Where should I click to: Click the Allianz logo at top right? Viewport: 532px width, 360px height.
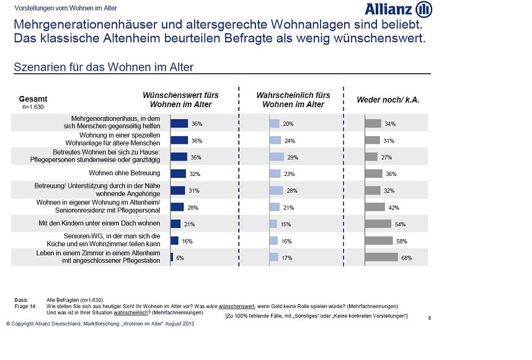pyautogui.click(x=398, y=9)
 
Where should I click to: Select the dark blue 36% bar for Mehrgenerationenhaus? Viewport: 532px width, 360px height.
pyautogui.click(x=179, y=124)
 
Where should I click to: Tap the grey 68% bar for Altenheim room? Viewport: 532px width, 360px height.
pyautogui.click(x=381, y=257)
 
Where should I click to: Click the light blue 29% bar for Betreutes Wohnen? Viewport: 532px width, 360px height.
pyautogui.click(x=277, y=157)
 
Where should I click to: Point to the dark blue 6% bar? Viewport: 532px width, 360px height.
pyautogui.click(x=172, y=257)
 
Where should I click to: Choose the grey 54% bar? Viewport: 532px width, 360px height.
pyautogui.click(x=378, y=224)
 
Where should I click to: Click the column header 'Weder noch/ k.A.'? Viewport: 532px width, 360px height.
pyautogui.click(x=388, y=100)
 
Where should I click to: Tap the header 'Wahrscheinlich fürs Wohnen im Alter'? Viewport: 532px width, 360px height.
pyautogui.click(x=293, y=100)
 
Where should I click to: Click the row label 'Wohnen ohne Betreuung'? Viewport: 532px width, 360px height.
pyautogui.click(x=125, y=173)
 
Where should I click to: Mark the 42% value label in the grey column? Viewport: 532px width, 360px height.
pyautogui.click(x=393, y=208)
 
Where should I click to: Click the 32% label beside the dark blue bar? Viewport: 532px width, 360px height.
pyautogui.click(x=195, y=174)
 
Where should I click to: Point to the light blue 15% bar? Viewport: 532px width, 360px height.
pyautogui.click(x=273, y=224)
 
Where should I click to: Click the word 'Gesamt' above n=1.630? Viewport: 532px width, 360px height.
pyautogui.click(x=33, y=99)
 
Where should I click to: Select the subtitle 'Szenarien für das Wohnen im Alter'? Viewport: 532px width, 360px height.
pyautogui.click(x=104, y=67)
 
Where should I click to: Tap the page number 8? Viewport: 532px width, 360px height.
pyautogui.click(x=430, y=318)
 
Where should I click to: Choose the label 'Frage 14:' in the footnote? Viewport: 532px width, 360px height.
pyautogui.click(x=25, y=306)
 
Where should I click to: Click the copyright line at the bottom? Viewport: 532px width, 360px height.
pyautogui.click(x=100, y=324)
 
